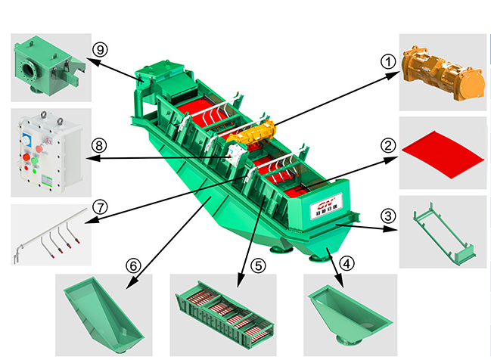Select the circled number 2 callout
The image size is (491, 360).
click(x=388, y=144)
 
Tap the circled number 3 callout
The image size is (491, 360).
click(x=387, y=216)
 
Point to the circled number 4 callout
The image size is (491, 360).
click(x=346, y=264)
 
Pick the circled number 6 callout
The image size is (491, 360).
click(x=133, y=265)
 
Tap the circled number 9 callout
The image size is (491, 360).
click(x=98, y=48)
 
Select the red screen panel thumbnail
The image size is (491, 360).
click(x=442, y=151)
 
